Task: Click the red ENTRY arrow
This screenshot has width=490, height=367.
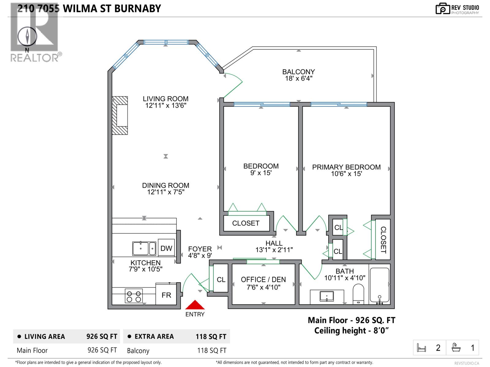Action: (195, 305)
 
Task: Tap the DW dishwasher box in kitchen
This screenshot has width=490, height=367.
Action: (166, 248)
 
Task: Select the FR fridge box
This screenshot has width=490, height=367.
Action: (166, 295)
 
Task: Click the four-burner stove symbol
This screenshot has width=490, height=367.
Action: (134, 296)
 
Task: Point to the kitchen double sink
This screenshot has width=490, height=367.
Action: (144, 248)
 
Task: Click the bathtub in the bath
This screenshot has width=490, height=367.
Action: (379, 285)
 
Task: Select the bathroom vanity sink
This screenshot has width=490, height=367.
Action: (327, 296)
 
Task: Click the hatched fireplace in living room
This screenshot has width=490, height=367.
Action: (120, 115)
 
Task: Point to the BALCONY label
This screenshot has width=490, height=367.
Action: (298, 72)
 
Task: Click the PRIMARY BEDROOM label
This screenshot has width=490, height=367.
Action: (346, 167)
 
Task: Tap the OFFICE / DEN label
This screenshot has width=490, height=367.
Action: (263, 280)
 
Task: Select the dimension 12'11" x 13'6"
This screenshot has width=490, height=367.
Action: (166, 106)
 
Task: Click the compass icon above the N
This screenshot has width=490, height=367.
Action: (27, 36)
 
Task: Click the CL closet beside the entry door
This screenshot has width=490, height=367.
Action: (221, 280)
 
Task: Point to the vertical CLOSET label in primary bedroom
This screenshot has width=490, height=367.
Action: (383, 240)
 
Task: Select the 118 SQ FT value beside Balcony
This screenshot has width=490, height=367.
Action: (212, 350)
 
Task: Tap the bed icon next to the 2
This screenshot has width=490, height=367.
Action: (422, 348)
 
